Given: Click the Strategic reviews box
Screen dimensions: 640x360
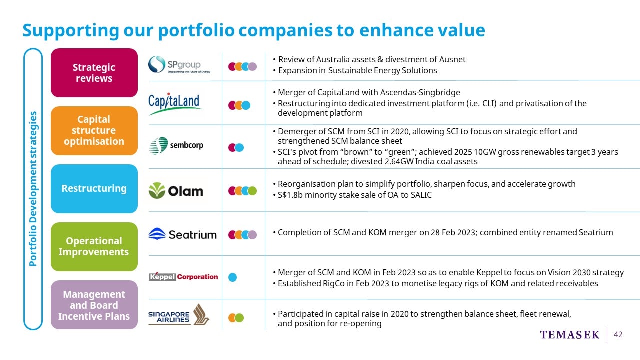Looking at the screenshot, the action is [94, 73].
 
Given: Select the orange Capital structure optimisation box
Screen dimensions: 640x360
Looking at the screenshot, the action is [94, 131].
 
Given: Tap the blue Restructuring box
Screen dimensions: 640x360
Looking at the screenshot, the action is [94, 189].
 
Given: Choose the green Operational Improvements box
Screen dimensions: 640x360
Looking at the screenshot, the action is [94, 247].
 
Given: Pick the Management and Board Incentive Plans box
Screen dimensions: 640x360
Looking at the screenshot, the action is [94, 305].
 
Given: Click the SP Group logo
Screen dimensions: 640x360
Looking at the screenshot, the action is [179, 65].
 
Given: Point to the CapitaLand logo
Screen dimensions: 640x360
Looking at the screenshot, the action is [174, 104].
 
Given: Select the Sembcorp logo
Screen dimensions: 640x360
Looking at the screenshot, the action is [176, 145].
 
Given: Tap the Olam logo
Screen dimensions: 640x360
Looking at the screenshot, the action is [176, 191].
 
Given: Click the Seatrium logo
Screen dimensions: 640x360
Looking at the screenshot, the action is [182, 234].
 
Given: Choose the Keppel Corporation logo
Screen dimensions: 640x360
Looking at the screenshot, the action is [183, 276].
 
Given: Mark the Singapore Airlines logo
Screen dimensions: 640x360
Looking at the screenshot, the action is [179, 315].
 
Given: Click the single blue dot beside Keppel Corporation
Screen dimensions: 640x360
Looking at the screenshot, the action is [233, 277].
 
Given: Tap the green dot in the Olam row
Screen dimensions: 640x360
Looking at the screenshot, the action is [252, 191].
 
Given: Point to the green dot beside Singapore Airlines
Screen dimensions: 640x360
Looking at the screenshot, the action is [239, 317].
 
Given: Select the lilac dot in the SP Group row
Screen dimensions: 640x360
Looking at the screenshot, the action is [252, 66].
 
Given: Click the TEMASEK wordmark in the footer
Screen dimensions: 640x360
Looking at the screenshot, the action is [569, 335].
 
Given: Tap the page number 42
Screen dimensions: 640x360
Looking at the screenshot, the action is [618, 335].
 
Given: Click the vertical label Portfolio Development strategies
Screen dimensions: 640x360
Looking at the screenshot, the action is [33, 189].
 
